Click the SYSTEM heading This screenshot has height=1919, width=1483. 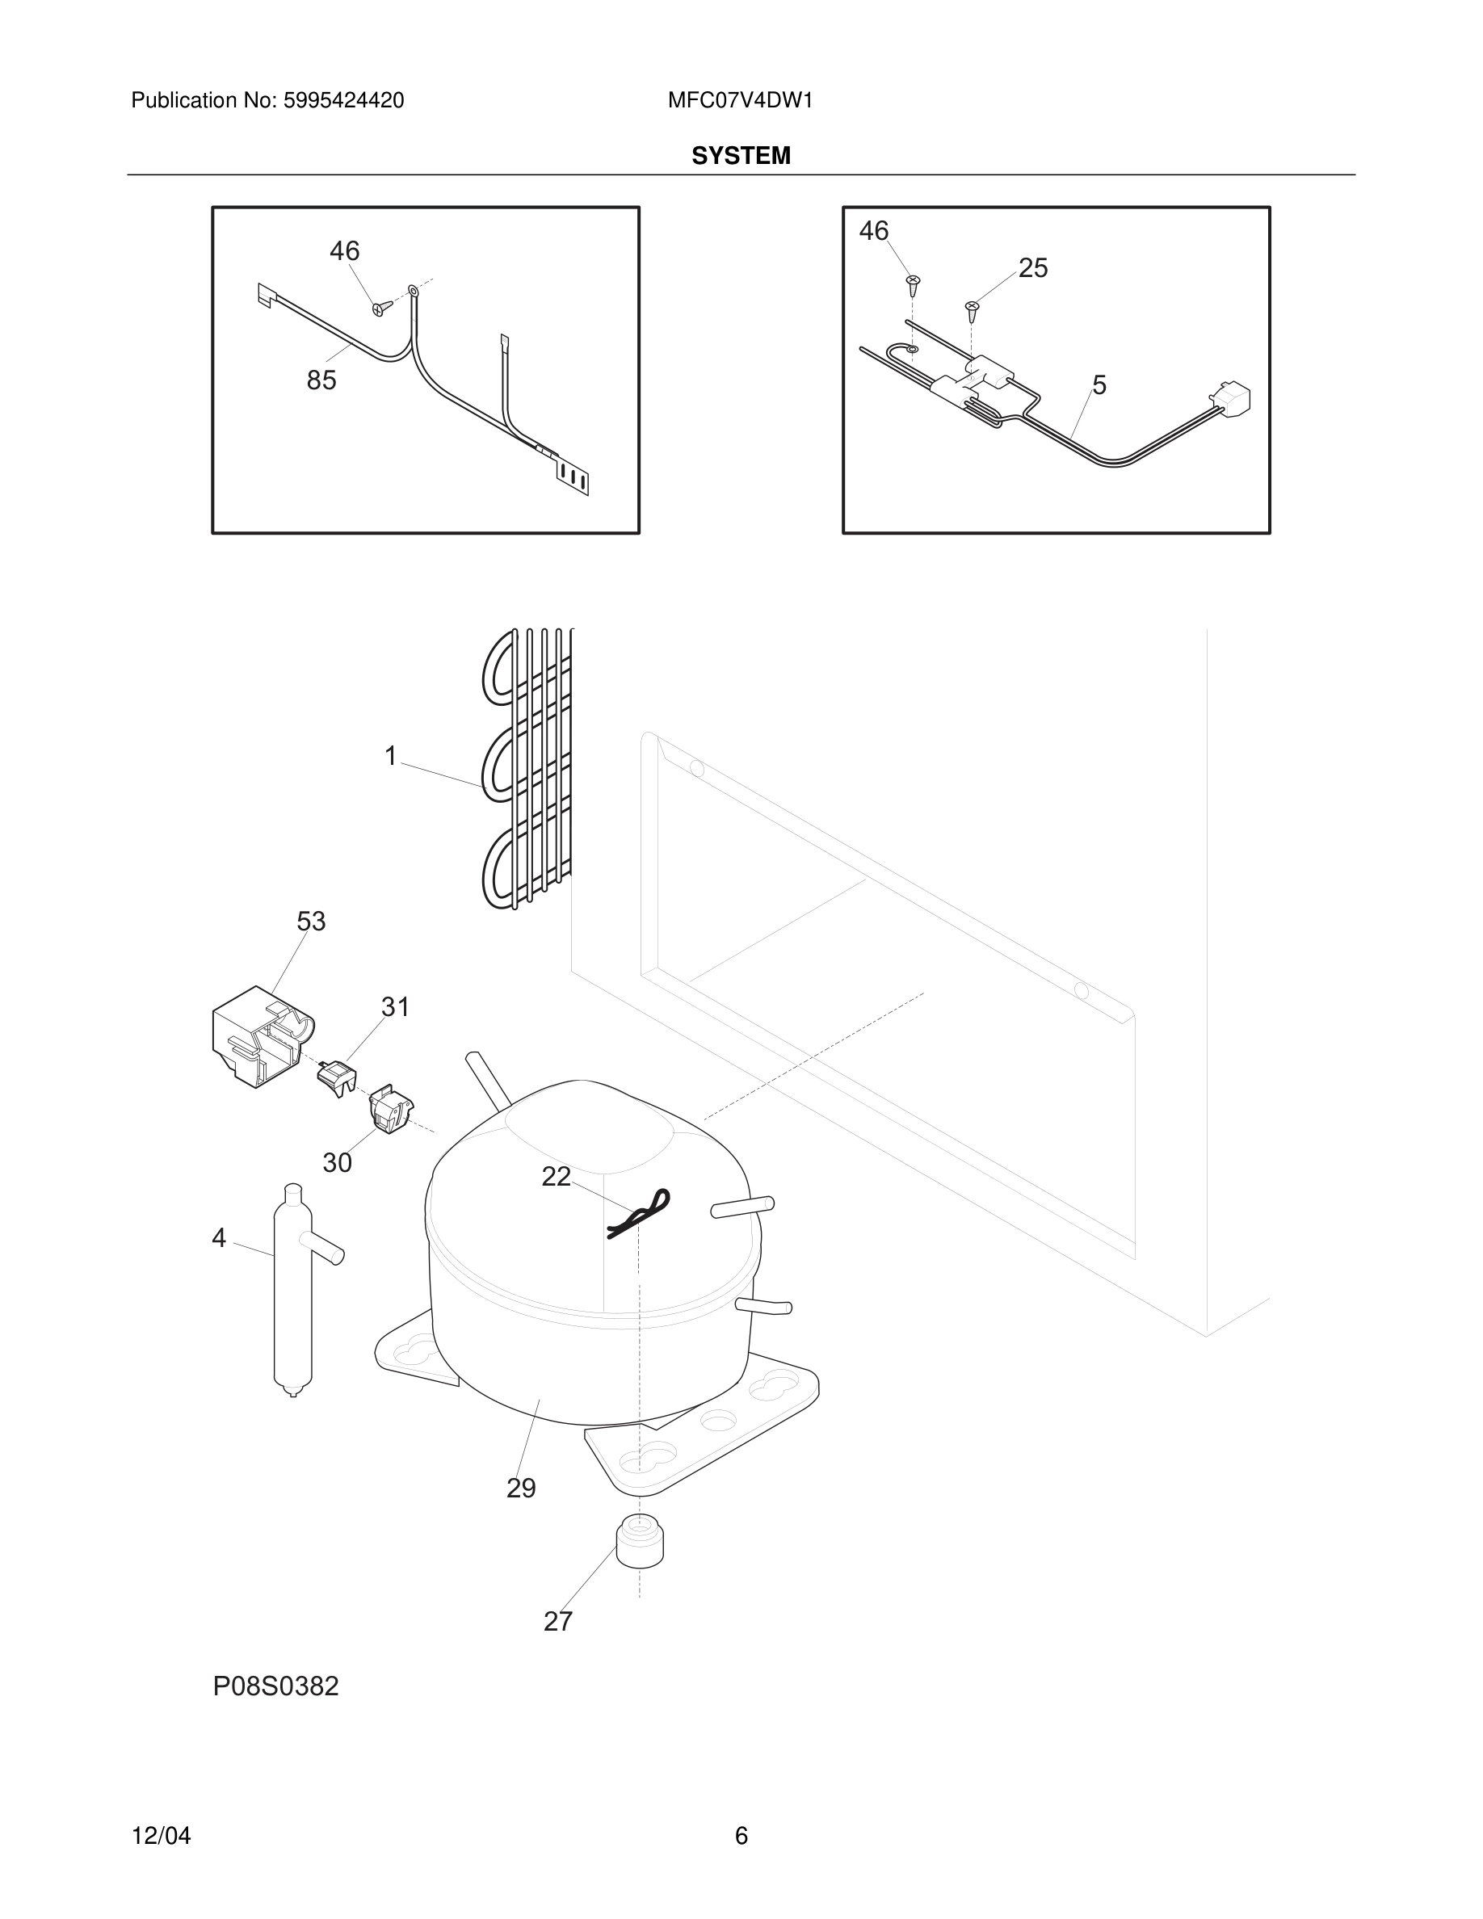point(741,156)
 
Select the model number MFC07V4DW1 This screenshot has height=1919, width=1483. point(740,100)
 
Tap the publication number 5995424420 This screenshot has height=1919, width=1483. point(342,100)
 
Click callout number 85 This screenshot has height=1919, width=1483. point(321,380)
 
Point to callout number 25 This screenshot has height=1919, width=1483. point(1033,268)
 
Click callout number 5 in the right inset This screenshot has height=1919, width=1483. point(1099,385)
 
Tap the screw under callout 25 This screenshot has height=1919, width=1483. point(972,309)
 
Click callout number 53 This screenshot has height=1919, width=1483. point(311,922)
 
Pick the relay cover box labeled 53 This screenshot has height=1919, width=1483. point(259,1038)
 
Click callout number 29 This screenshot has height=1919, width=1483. point(521,1489)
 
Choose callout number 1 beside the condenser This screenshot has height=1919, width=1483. point(391,756)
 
